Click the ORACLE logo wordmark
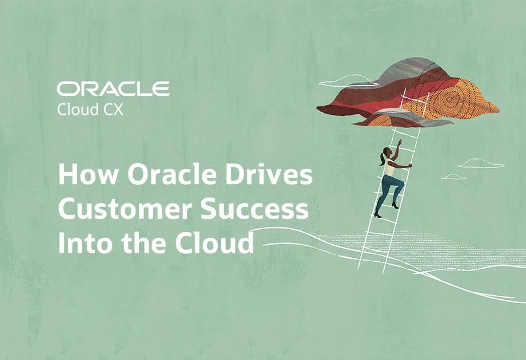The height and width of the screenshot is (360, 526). point(113,88)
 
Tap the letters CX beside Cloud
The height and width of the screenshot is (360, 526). point(114,109)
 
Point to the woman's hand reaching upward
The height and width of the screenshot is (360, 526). point(399,141)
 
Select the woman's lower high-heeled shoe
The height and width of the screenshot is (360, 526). point(377,214)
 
